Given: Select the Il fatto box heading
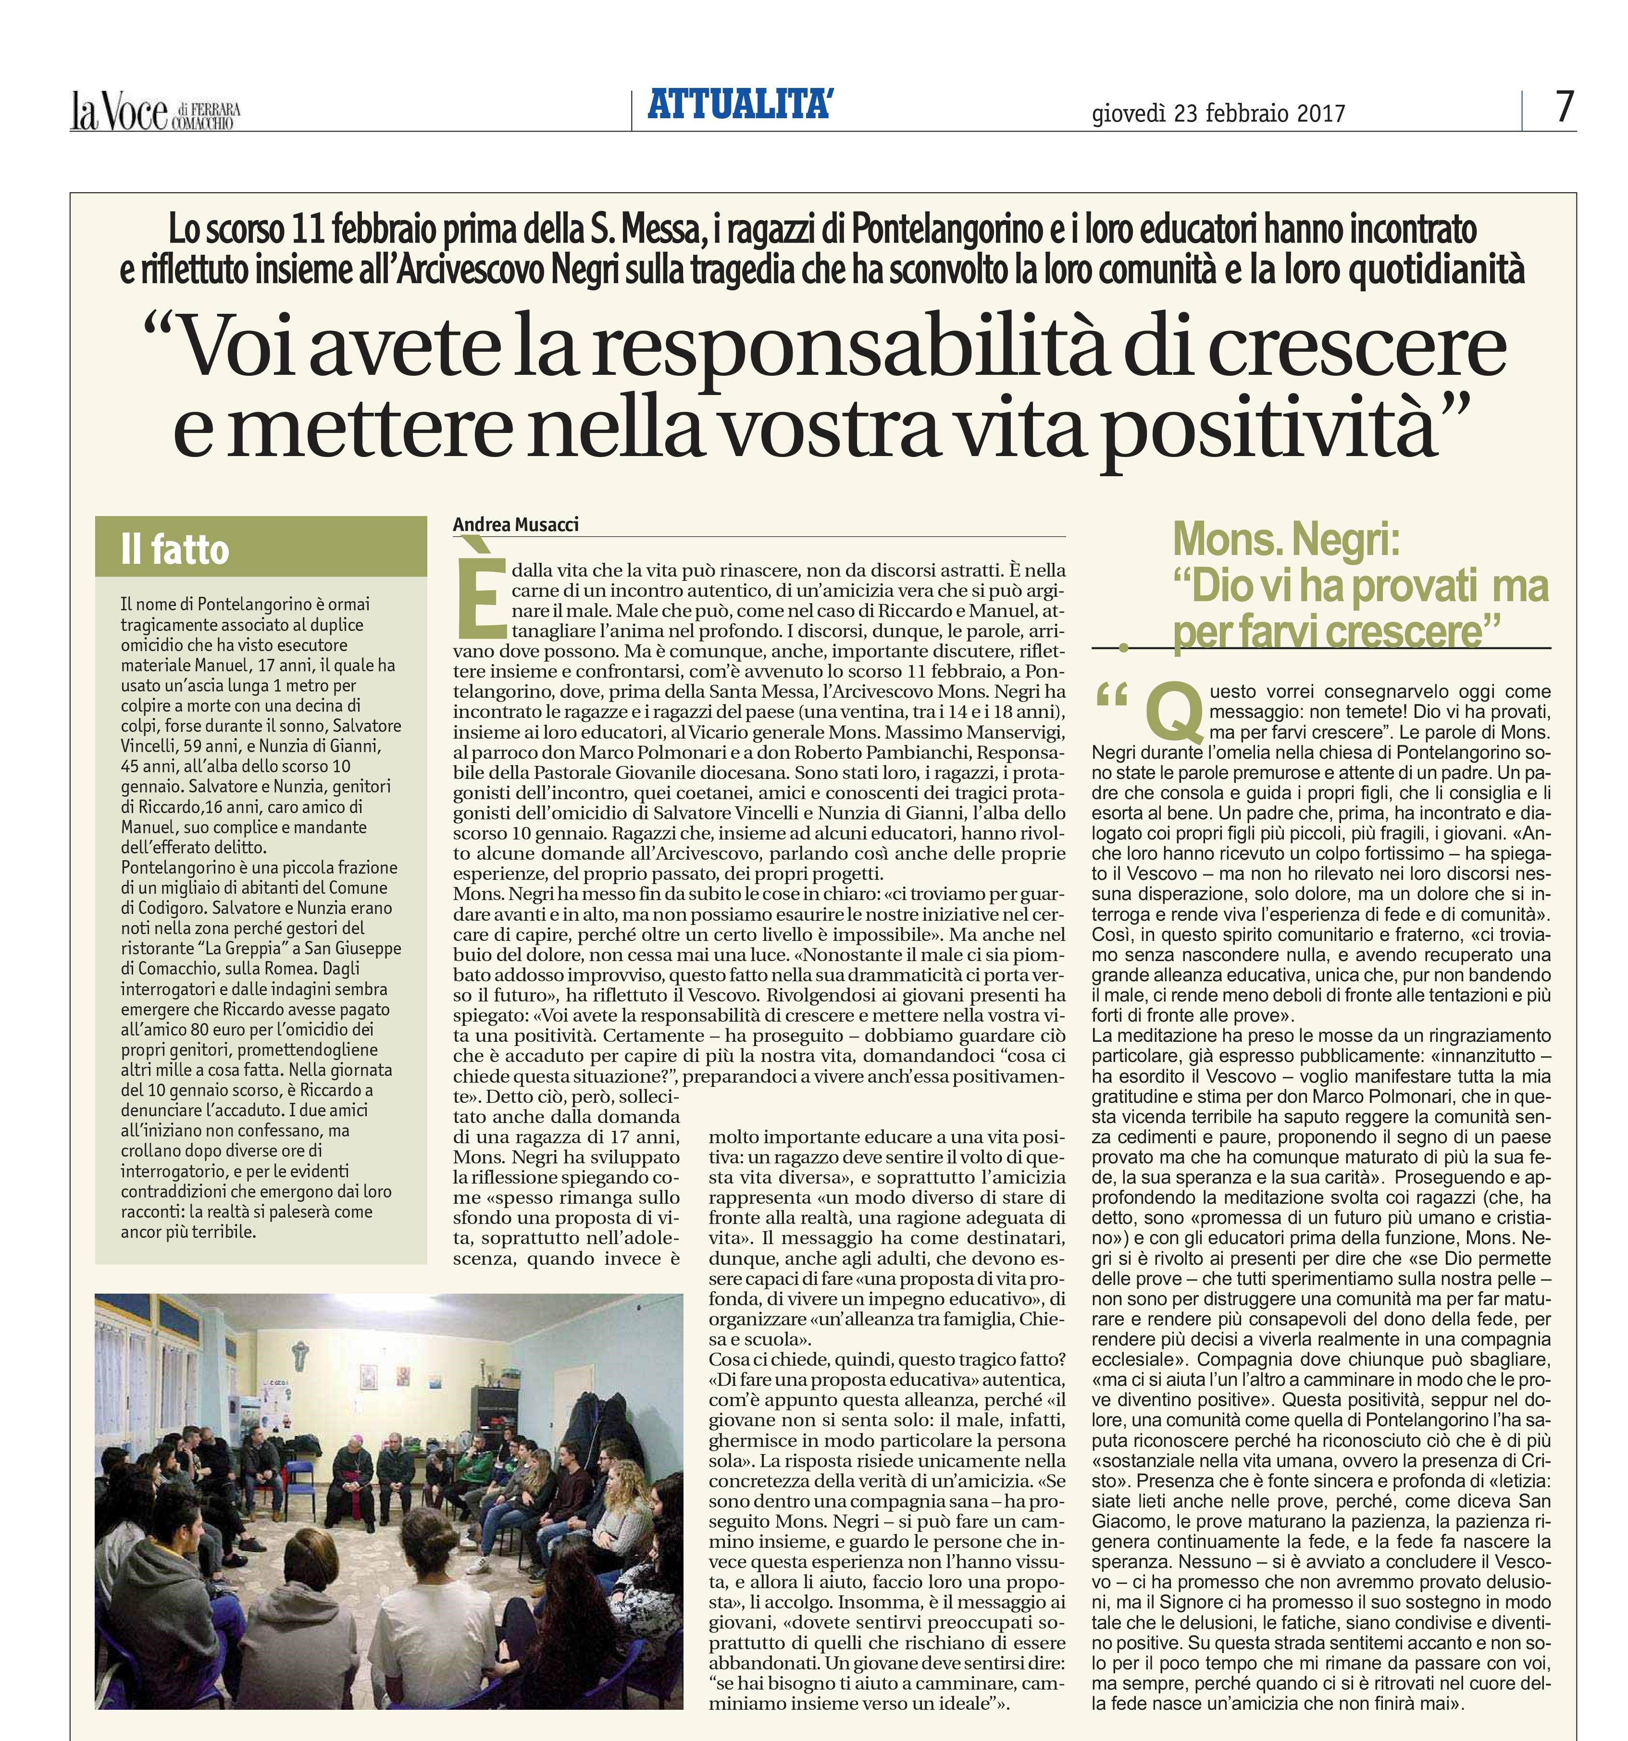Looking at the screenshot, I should point(175,550).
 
